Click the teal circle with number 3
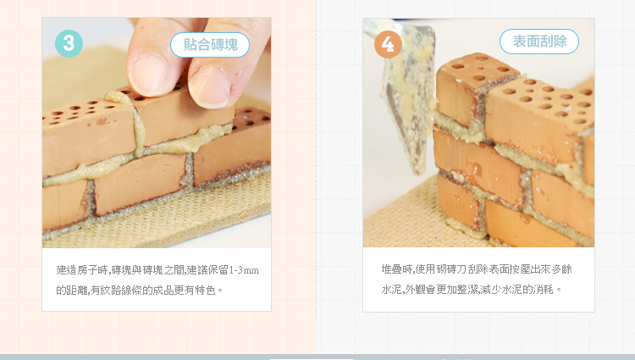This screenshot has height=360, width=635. pyautogui.click(x=69, y=43)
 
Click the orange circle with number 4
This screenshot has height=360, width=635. pyautogui.click(x=388, y=44)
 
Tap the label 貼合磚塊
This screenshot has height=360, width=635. pyautogui.click(x=210, y=45)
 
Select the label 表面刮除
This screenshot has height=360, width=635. pyautogui.click(x=539, y=42)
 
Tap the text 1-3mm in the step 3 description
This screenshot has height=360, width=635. pyautogui.click(x=244, y=270)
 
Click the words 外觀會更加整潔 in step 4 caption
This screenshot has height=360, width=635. pyautogui.click(x=440, y=290)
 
